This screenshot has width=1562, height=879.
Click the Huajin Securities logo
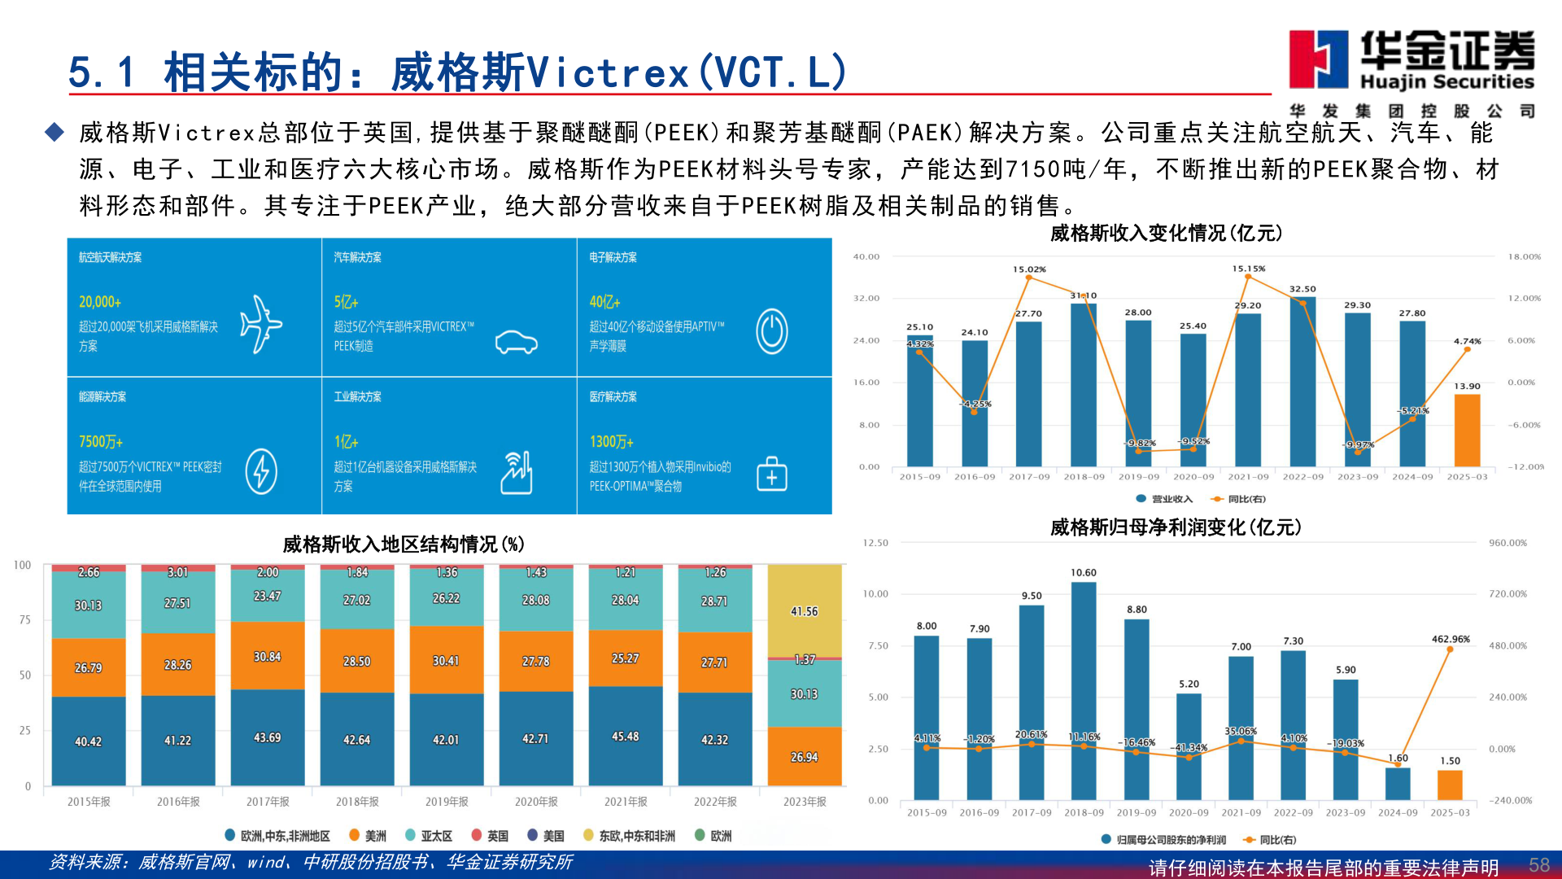(1411, 61)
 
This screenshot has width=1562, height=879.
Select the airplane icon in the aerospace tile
(260, 324)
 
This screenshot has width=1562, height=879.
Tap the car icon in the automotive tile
(517, 342)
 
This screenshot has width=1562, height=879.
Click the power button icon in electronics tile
(771, 331)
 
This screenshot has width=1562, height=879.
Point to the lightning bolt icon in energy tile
(261, 471)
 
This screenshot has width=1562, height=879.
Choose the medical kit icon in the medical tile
(771, 474)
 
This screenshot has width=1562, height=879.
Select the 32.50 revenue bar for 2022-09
(1302, 383)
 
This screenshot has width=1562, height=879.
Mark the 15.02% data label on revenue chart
(1029, 269)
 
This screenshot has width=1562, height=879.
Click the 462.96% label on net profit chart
(1451, 639)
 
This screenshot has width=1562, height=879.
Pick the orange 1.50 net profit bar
(1450, 785)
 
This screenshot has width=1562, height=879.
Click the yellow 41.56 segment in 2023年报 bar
(804, 611)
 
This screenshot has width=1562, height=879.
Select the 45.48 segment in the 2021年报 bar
(625, 736)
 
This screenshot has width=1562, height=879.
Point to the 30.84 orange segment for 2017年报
(267, 656)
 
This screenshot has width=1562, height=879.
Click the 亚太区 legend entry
(429, 836)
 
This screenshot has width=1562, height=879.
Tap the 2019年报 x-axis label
(447, 802)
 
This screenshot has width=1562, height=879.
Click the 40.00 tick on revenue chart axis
(866, 256)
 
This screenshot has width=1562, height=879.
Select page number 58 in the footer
(1538, 865)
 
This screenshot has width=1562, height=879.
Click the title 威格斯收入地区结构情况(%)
(404, 544)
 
